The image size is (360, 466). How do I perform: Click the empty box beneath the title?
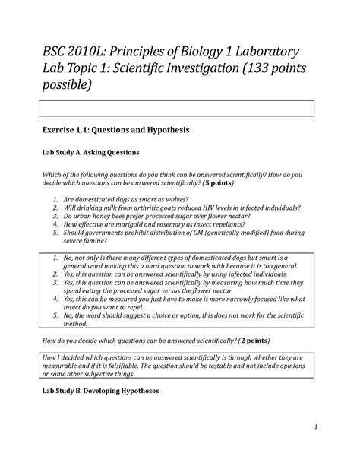(179, 106)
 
